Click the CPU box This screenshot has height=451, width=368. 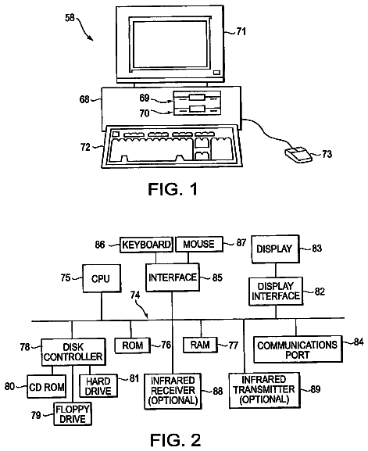(x=102, y=278)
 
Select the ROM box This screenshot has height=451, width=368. (x=133, y=345)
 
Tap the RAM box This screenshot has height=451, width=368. (x=200, y=345)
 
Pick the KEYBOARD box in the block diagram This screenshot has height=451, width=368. (x=146, y=245)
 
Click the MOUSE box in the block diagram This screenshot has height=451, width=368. (x=199, y=245)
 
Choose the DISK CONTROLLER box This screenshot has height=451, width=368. (x=73, y=352)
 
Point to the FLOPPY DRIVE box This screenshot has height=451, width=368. (x=73, y=414)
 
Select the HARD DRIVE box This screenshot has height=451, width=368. (x=98, y=385)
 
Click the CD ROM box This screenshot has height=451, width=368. (x=47, y=387)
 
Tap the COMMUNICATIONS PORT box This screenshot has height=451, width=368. (x=298, y=349)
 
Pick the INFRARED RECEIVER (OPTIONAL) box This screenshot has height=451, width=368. (x=173, y=391)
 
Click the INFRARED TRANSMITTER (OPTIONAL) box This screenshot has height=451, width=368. (x=265, y=390)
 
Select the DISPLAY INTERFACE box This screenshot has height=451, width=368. (x=276, y=292)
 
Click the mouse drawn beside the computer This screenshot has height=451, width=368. (x=298, y=155)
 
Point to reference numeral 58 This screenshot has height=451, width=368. (x=70, y=18)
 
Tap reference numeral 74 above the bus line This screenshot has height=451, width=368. (x=135, y=295)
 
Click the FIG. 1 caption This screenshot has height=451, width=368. (x=173, y=189)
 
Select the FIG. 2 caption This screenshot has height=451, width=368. (x=175, y=440)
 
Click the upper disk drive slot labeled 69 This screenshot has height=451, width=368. (x=197, y=97)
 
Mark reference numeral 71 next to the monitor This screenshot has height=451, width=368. (x=241, y=31)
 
